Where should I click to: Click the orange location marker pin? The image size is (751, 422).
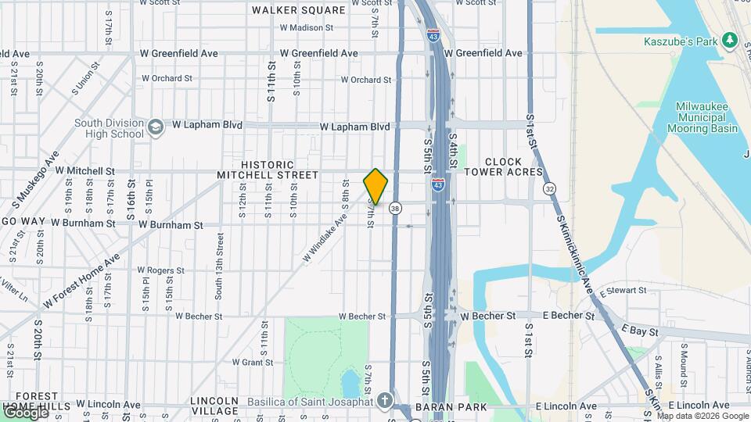[x=375, y=187]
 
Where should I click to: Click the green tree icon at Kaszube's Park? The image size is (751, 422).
[x=730, y=39]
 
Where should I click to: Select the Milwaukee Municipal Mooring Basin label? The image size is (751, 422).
[x=707, y=117]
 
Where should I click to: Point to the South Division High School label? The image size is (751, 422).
[x=110, y=128]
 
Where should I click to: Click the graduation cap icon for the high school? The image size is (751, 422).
[x=156, y=125]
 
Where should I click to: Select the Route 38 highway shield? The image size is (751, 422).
[x=396, y=208]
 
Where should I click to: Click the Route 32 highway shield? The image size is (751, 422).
[x=550, y=188]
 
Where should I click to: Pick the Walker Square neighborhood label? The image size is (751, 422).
[x=299, y=10]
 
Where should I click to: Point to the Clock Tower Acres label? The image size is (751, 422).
[x=503, y=166]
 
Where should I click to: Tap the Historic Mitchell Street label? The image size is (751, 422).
[x=268, y=170]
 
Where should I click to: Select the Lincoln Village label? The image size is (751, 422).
[x=214, y=406]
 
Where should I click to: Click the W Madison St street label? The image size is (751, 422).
[x=307, y=27]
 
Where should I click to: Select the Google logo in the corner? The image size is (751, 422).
[x=25, y=413]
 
